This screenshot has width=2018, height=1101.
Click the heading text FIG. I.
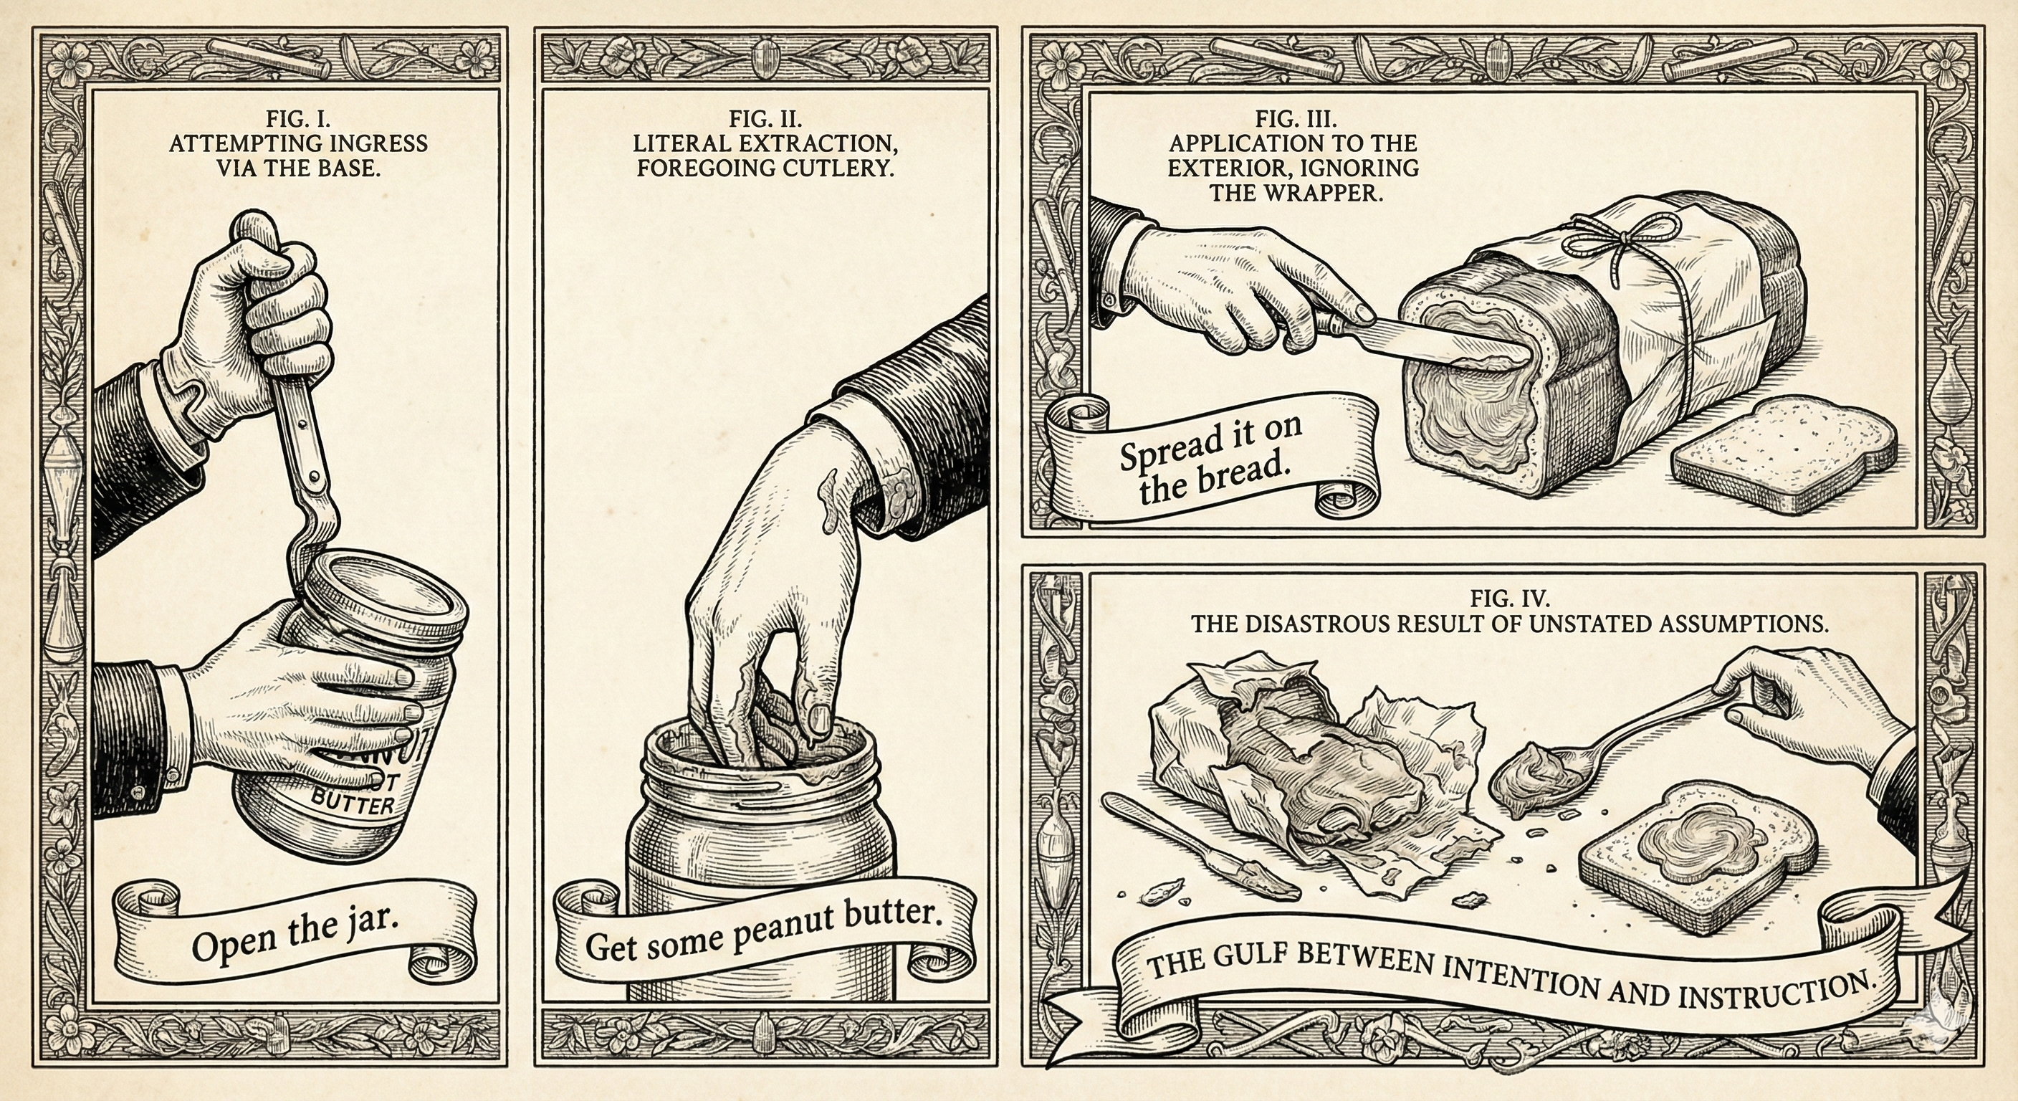click(x=298, y=119)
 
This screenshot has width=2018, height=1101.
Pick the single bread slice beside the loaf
click(x=1782, y=454)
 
